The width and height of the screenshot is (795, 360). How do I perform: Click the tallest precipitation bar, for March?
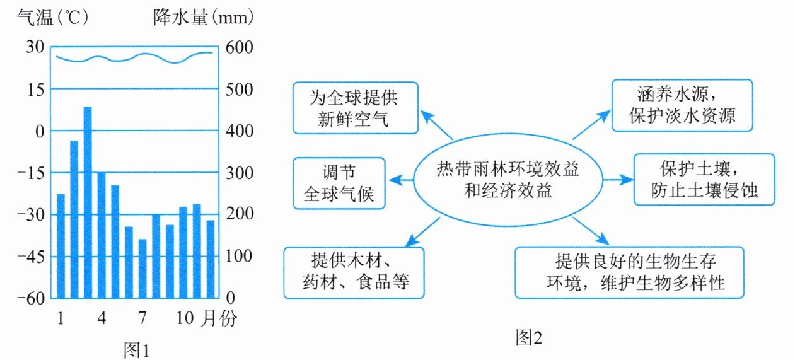pos(88,202)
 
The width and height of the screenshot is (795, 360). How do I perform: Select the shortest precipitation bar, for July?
pos(143,268)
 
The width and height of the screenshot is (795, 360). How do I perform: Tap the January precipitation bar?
pos(61,246)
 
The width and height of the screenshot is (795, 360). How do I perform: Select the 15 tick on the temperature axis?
pos(36,90)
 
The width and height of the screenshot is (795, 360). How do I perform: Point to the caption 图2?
pos(528,338)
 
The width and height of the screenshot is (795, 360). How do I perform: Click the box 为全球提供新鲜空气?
pos(356,107)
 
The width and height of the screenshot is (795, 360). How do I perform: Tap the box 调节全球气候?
pos(339,183)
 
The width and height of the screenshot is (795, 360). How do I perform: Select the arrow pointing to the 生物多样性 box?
pos(593,231)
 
